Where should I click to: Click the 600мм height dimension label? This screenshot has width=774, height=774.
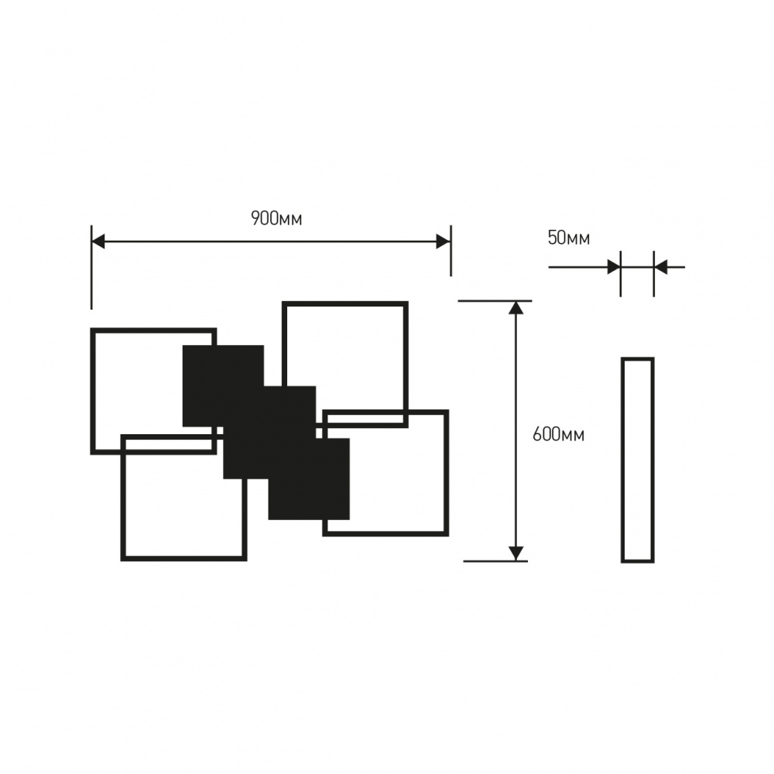click(558, 434)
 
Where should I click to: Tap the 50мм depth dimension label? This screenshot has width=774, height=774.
click(568, 238)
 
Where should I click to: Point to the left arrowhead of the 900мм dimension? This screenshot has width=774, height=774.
click(98, 241)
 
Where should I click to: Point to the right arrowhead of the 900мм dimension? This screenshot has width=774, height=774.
click(444, 241)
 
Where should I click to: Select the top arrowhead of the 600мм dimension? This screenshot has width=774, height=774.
click(516, 307)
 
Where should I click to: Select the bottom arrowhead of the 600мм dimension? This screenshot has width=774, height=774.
click(516, 553)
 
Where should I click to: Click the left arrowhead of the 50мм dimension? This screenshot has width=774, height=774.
click(614, 267)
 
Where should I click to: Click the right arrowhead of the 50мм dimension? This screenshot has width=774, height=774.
click(660, 267)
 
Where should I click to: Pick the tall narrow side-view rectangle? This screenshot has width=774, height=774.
click(638, 460)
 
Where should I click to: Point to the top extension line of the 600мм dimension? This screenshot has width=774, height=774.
click(495, 300)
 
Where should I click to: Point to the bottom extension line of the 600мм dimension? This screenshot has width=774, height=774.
click(495, 560)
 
